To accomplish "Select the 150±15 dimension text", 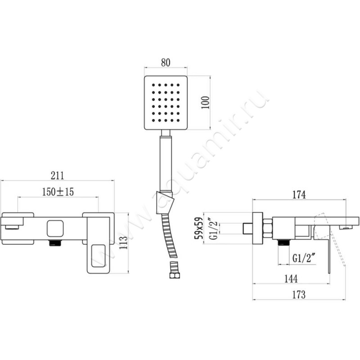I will (x=58, y=192).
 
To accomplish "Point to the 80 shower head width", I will (x=165, y=63).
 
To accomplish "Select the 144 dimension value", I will (x=291, y=279).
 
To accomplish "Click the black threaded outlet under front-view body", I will (x=55, y=243).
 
